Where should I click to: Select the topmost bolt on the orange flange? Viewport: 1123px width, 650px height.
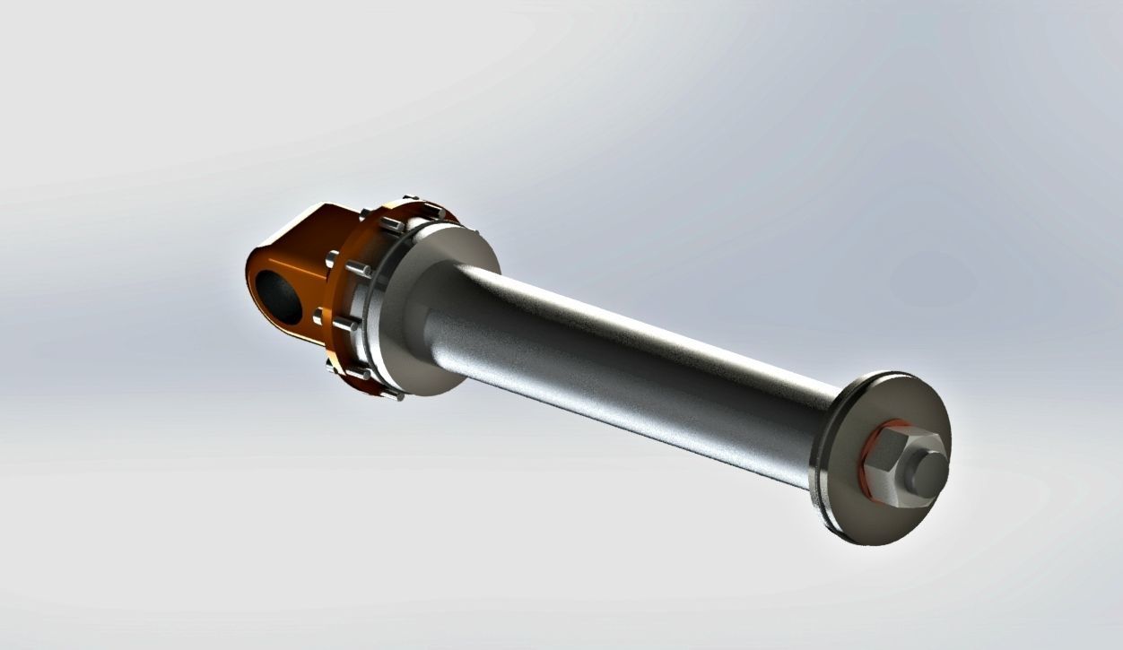(412, 199)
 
